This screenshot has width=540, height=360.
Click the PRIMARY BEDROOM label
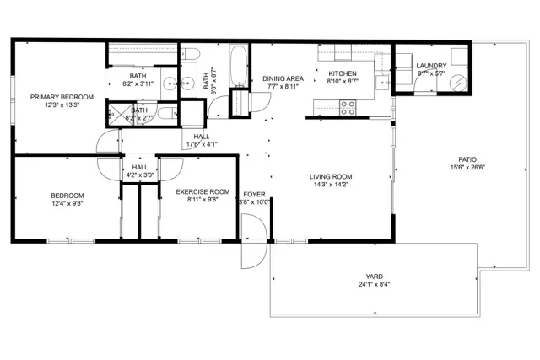pos(62,97)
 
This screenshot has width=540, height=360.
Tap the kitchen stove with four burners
pos(346,106)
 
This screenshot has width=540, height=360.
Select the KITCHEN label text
pos(343,74)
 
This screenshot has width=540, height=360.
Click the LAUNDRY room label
pos(432,66)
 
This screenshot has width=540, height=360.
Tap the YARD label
pos(374,275)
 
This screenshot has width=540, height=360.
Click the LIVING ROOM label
pos(331,176)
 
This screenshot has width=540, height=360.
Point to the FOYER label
pos(254,193)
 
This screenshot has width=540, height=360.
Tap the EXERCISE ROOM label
pos(202,192)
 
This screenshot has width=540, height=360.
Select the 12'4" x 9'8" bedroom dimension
pos(67,203)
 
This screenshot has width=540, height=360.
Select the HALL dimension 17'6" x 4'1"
pos(202,144)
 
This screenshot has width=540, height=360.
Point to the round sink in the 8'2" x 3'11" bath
pos(168,83)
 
